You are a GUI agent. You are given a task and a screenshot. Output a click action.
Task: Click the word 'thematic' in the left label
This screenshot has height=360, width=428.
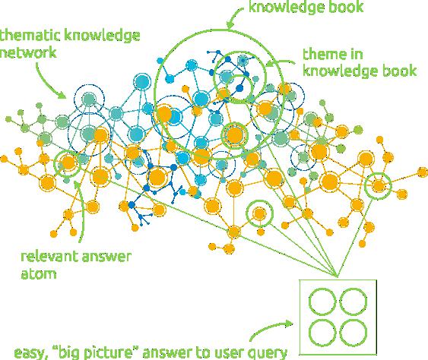pyautogui.click(x=30, y=36)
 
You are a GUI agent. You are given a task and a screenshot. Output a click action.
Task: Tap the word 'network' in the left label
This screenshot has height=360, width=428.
pyautogui.click(x=28, y=52)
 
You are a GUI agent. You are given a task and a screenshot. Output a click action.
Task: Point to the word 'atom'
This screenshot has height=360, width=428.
pyautogui.click(x=39, y=274)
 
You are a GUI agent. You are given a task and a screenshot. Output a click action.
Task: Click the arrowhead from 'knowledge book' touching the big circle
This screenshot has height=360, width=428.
pyautogui.click(x=230, y=24)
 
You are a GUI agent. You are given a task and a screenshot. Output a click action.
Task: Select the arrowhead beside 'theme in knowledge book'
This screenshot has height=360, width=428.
pyautogui.click(x=270, y=63)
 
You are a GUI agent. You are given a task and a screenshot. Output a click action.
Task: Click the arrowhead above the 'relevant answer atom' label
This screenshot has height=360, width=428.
pyautogui.click(x=78, y=184)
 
